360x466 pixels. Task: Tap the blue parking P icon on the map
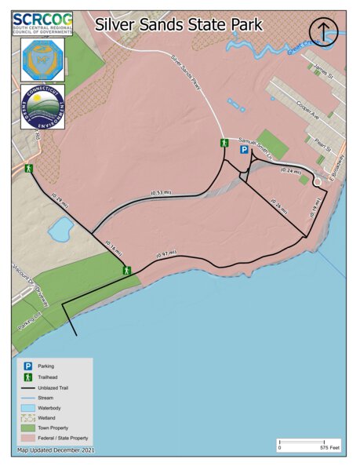point(244,149)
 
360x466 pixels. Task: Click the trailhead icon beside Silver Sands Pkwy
point(224,143)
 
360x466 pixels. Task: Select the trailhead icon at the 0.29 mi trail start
point(28,169)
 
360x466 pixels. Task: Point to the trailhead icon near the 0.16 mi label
point(125,270)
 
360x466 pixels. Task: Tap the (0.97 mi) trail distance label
point(165,254)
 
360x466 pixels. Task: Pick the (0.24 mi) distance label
point(291,170)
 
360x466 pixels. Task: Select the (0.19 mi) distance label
point(313,208)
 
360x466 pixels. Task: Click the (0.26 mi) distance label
point(278,205)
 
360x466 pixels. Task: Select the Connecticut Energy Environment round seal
point(42,107)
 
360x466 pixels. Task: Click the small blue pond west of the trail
point(60,230)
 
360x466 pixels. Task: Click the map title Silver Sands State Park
point(179,24)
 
